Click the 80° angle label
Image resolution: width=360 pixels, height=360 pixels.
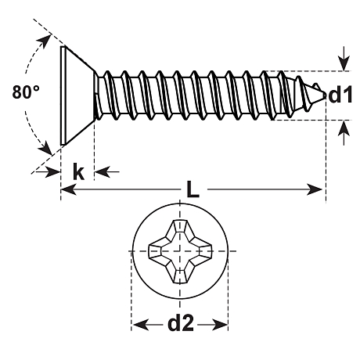[26, 92]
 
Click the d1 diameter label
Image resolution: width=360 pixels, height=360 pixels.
[340, 95]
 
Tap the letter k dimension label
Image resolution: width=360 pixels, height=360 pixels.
[78, 171]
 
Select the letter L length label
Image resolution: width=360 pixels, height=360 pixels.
[193, 189]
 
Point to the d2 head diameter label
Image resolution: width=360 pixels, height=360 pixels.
[181, 322]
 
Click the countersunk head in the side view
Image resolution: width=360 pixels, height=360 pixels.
[77, 95]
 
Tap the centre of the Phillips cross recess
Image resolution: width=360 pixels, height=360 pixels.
[180, 251]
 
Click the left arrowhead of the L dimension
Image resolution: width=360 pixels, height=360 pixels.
[68, 189]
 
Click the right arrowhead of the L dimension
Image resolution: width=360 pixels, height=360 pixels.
[315, 189]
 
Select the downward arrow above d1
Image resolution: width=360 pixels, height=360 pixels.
[344, 59]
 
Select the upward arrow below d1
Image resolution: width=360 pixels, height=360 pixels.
[344, 132]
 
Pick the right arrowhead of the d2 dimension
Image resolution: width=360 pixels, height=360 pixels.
[220, 324]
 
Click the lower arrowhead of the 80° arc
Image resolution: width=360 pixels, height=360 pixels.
[45, 148]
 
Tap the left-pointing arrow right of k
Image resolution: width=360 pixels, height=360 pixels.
[106, 171]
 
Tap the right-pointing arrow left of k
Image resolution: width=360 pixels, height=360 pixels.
[49, 171]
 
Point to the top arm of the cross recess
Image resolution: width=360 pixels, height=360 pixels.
[180, 229]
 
